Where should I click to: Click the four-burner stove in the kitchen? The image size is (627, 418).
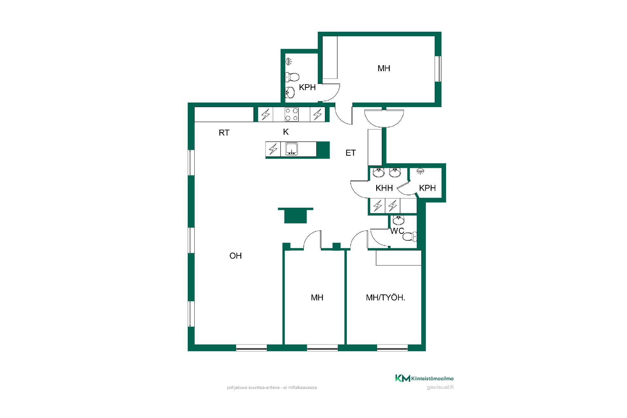pyautogui.click(x=292, y=114)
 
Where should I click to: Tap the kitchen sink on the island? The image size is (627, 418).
pyautogui.click(x=292, y=149)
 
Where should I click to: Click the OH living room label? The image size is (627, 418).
pyautogui.click(x=235, y=256)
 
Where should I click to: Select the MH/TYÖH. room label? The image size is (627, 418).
pyautogui.click(x=386, y=297)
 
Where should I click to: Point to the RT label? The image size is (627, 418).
pyautogui.click(x=224, y=133)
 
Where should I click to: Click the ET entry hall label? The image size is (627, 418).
pyautogui.click(x=350, y=153)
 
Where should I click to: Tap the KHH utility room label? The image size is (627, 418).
pyautogui.click(x=384, y=188)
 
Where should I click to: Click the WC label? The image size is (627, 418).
pyautogui.click(x=397, y=231)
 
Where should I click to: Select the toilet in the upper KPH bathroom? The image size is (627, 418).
pyautogui.click(x=292, y=77)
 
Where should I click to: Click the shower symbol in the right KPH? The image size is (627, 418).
pyautogui.click(x=421, y=171)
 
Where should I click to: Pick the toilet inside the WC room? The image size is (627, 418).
pyautogui.click(x=410, y=236)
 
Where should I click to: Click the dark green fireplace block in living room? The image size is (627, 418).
pyautogui.click(x=296, y=216)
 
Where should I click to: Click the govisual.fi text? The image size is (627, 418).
pyautogui.click(x=440, y=388)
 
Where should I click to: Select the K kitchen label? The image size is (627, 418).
pyautogui.click(x=286, y=132)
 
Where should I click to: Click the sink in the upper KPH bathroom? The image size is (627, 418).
pyautogui.click(x=290, y=92)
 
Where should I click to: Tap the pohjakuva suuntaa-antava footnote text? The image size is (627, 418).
pyautogui.click(x=272, y=388)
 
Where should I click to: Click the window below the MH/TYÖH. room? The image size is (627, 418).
pyautogui.click(x=393, y=348)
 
